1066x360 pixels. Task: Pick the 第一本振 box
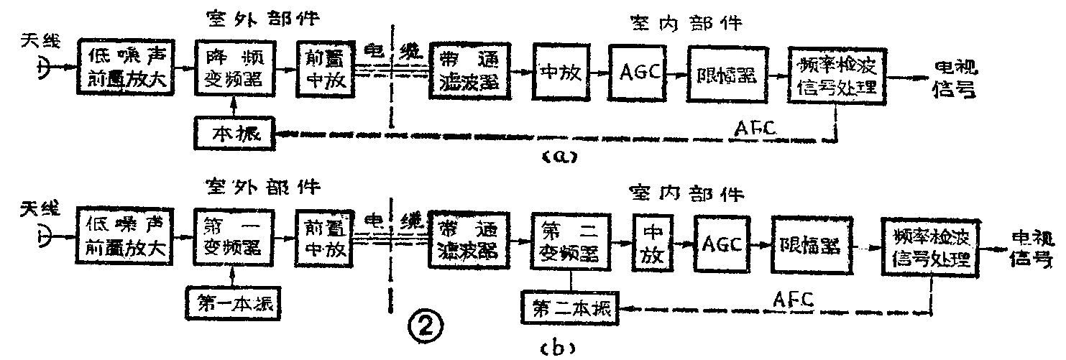[232, 303]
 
